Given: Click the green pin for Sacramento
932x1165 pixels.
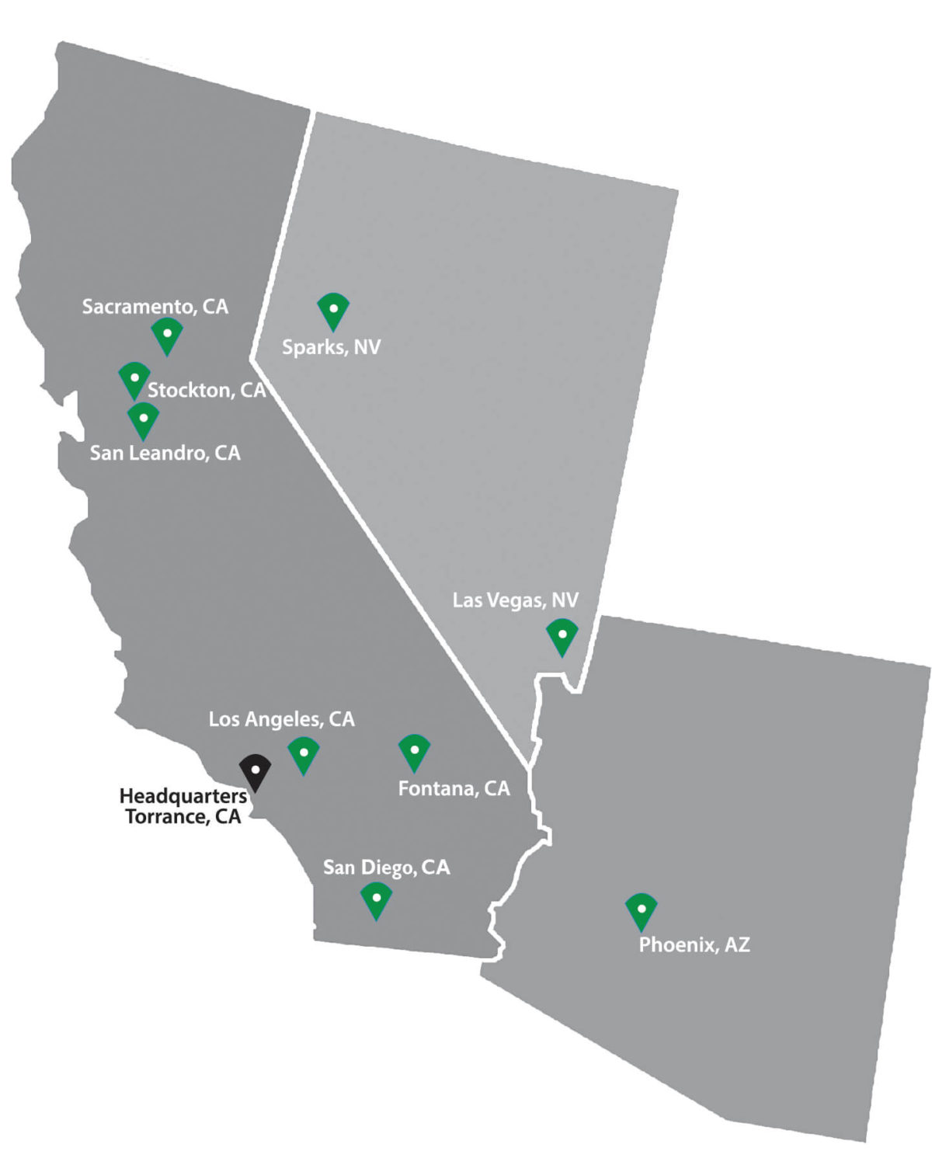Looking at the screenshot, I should coord(167,335).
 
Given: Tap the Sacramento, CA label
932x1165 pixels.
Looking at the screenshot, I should coord(155,307).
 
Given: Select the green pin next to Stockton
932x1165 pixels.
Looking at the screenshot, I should coord(134,379).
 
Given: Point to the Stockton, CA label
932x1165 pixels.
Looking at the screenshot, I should coord(207,390).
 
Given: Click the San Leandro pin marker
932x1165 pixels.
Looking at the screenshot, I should coord(144,419).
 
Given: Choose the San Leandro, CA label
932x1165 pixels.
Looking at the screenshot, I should coord(165,453).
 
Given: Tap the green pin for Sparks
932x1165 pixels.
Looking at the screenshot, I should coord(333,310).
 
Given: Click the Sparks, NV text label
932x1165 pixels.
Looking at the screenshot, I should coord(332,347).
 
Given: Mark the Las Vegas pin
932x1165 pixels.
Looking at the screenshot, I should coord(562,636).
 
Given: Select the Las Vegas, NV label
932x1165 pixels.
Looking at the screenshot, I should coord(516,600).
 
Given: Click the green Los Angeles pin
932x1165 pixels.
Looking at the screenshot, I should coord(304,754).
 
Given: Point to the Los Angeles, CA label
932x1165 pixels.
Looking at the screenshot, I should coord(281,719).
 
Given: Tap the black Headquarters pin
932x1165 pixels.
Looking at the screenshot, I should coord(255,771).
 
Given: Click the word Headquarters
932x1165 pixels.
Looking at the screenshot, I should coord(183,796).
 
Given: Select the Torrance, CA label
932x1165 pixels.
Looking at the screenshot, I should coord(183,817).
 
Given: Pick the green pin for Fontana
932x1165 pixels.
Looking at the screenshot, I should coord(415,752).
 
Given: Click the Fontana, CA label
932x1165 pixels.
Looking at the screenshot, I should coord(454,789).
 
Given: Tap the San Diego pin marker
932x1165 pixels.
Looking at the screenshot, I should coord(377,899).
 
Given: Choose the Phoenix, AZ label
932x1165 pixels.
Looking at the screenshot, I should coord(694,945).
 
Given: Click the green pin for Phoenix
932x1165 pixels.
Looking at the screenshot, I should coord(642,910).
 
